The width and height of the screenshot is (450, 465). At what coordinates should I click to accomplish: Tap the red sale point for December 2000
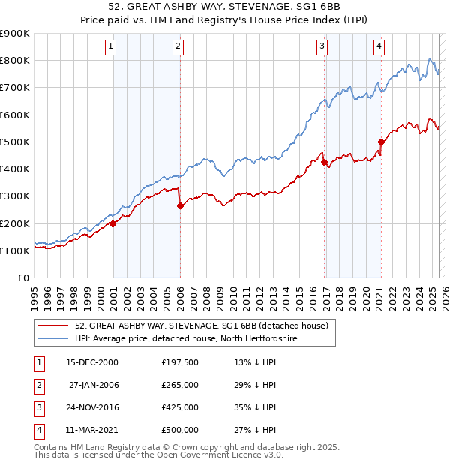pos(113,223)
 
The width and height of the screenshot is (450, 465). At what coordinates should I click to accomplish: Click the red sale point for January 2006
pos(180,205)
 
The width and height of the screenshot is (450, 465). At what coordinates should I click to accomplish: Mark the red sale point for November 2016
pos(324,162)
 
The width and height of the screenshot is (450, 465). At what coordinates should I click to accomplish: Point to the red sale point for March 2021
pos(381,142)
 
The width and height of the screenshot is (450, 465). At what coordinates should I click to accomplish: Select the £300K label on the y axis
pos(16,196)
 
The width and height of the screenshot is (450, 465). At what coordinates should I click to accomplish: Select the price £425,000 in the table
pos(180,407)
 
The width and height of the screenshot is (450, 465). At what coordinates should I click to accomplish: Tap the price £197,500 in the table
pos(180,362)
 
